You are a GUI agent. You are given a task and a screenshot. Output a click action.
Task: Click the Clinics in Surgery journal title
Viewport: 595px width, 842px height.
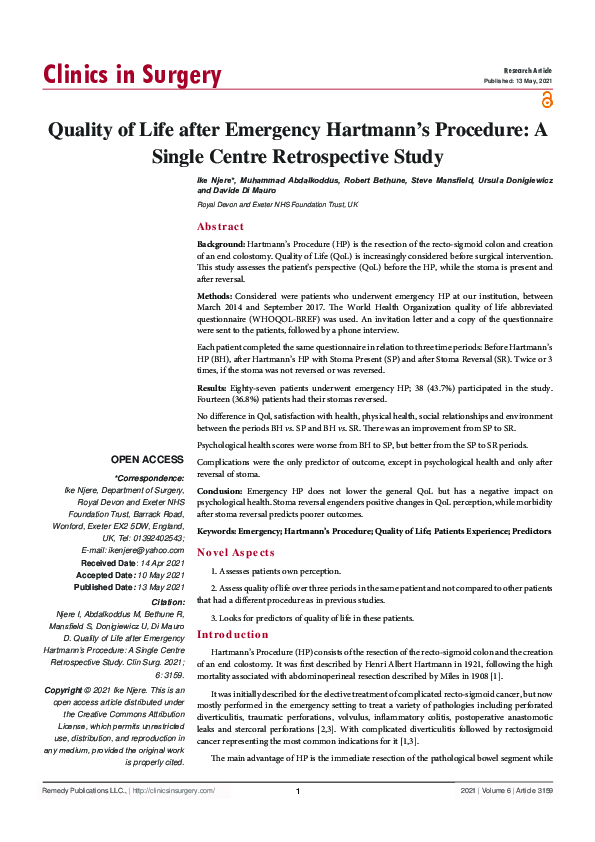(x=132, y=76)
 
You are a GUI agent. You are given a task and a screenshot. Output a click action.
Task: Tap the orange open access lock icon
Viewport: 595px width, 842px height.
(x=546, y=98)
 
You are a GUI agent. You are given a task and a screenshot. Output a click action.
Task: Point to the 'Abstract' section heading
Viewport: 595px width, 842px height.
(x=221, y=227)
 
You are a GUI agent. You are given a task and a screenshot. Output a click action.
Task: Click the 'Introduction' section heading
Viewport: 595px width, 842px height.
(x=233, y=635)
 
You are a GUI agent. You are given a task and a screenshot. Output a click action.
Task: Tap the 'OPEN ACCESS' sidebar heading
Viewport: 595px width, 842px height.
(x=147, y=459)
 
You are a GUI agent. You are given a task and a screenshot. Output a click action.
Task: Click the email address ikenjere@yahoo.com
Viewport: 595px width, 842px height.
(x=133, y=550)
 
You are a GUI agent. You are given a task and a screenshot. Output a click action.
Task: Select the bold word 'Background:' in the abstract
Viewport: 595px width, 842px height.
(x=220, y=244)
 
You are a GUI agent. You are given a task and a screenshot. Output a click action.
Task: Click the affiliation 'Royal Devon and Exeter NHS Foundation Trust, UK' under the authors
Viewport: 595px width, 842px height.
(x=277, y=204)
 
